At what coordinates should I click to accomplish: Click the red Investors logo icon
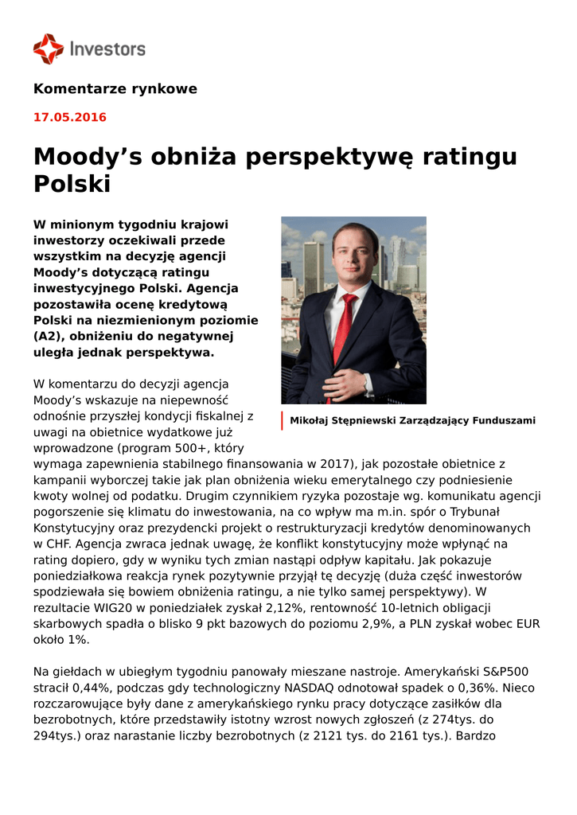click(48, 49)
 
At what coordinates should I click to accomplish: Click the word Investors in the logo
click(107, 49)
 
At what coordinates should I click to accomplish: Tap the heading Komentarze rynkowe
click(115, 89)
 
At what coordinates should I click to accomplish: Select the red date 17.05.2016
click(69, 118)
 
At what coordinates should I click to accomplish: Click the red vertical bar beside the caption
click(282, 421)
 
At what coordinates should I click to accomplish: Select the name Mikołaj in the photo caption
click(309, 421)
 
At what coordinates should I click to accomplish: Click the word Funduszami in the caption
click(505, 421)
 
